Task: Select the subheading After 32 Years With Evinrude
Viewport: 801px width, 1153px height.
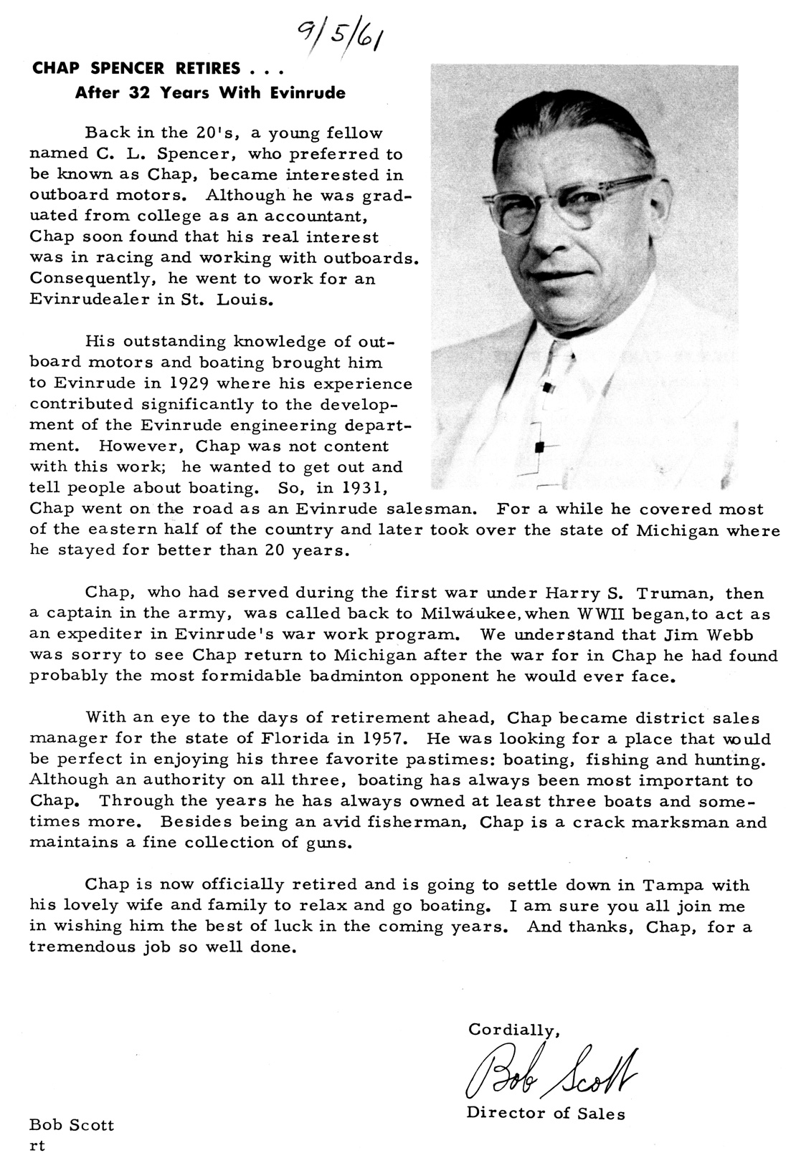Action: [x=211, y=92]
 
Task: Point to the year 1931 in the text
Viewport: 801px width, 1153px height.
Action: [x=363, y=488]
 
